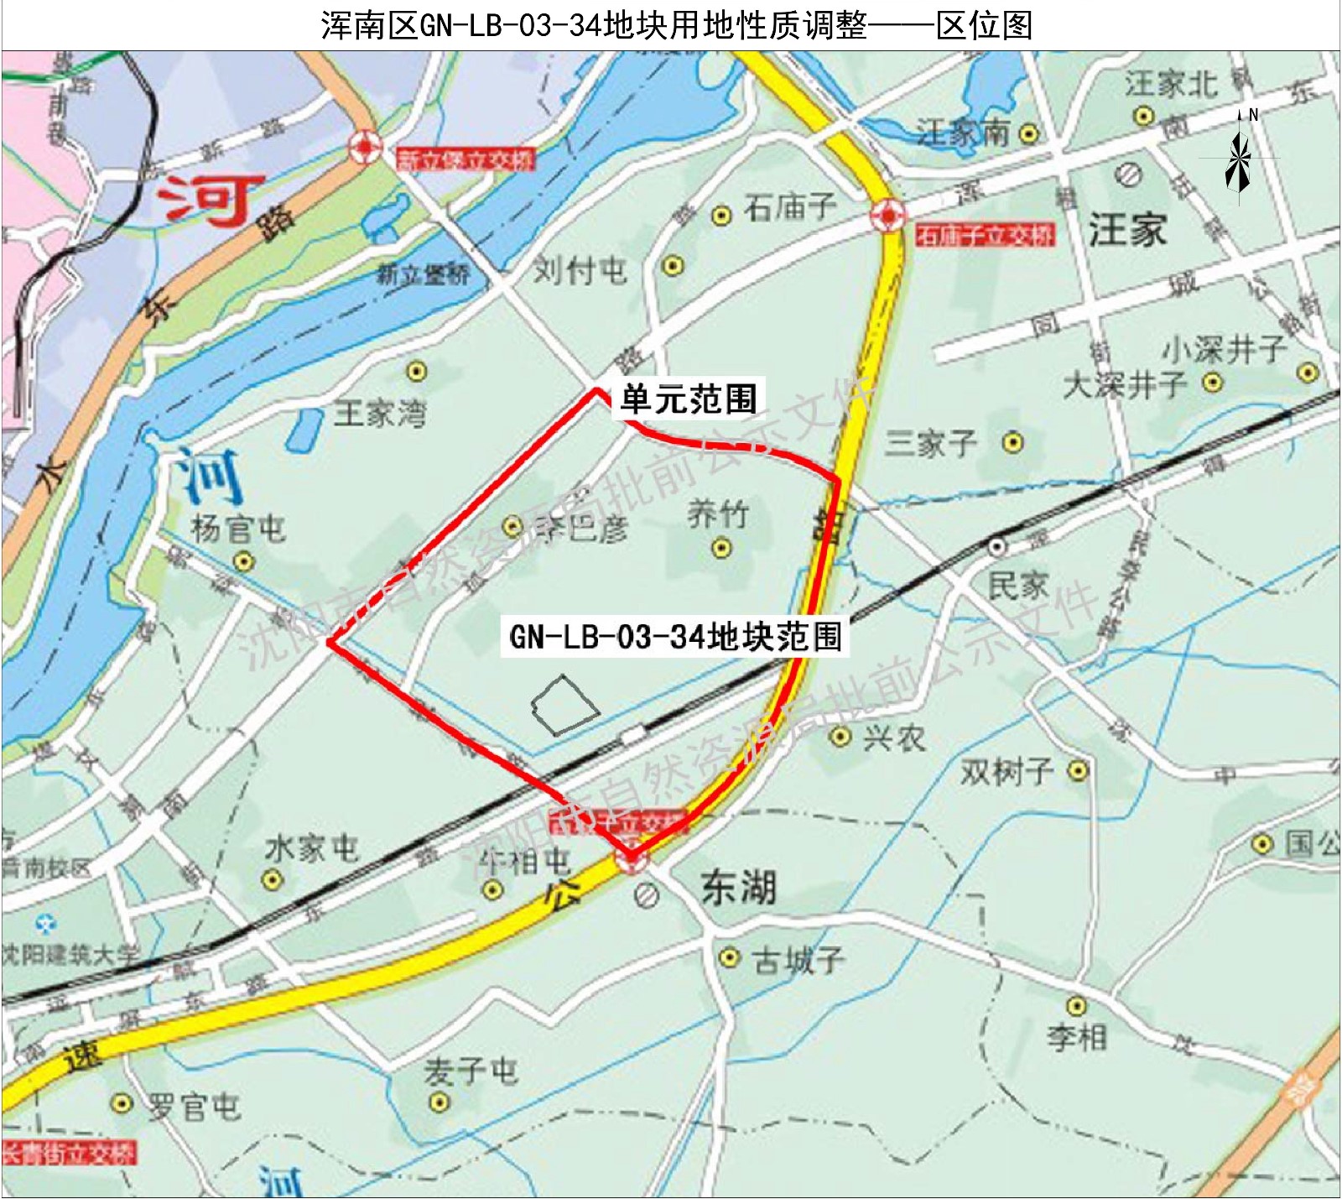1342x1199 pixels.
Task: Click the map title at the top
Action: click(x=676, y=25)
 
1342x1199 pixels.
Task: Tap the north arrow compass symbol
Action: click(x=1238, y=159)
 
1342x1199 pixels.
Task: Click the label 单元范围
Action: click(x=689, y=399)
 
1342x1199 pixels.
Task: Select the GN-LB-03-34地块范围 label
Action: click(x=675, y=637)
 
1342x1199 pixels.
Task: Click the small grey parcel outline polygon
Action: click(x=564, y=705)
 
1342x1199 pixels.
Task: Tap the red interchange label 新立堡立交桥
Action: click(x=465, y=159)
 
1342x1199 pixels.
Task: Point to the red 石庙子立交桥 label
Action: click(x=984, y=236)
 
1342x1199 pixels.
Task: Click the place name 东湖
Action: click(x=738, y=888)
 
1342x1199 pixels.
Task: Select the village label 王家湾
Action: click(x=380, y=414)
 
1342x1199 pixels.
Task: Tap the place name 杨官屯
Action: click(x=238, y=529)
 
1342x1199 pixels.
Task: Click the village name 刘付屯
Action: click(x=580, y=270)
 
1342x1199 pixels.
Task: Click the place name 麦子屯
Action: click(x=471, y=1071)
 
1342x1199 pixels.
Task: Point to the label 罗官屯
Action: click(x=195, y=1107)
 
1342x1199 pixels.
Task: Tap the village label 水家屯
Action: click(x=312, y=849)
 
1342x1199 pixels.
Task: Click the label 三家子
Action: click(x=931, y=443)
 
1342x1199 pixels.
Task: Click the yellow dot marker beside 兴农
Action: click(x=840, y=737)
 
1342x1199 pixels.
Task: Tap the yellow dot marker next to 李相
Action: click(x=1076, y=1005)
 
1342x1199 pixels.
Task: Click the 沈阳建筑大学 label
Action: click(x=70, y=954)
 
